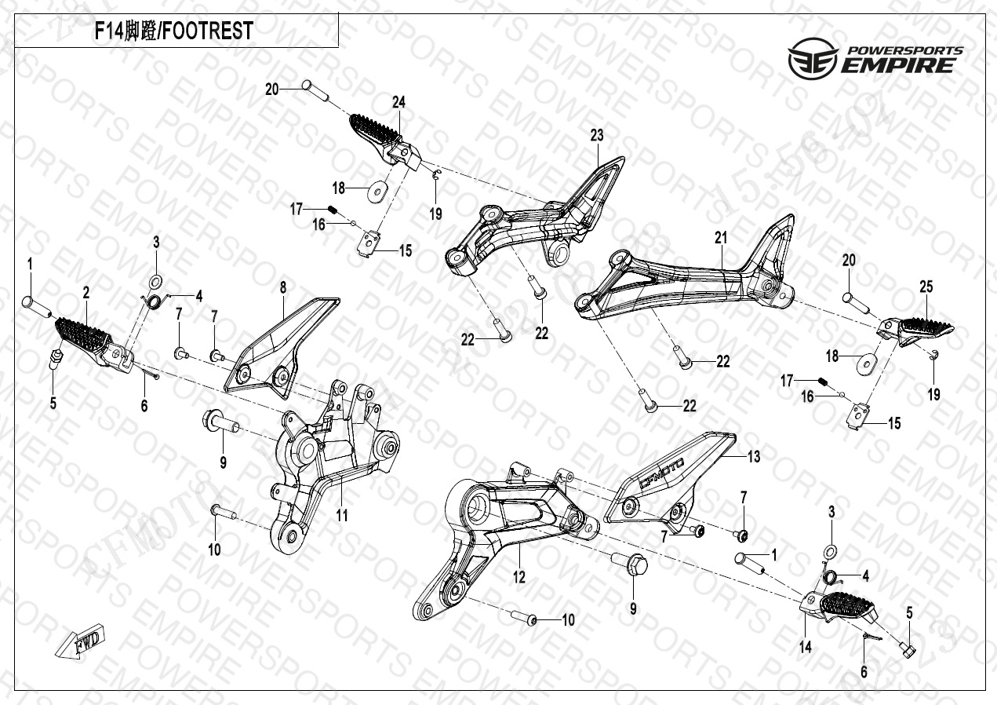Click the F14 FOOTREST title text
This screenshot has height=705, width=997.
coord(173,31)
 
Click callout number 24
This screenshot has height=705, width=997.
coord(399,102)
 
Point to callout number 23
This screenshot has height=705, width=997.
coord(597,135)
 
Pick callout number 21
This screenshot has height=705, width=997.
coord(721,238)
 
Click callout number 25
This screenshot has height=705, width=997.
coord(926,287)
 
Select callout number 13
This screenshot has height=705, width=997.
coord(753,456)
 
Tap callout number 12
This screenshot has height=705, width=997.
coord(519,578)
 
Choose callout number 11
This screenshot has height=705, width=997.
coord(342,515)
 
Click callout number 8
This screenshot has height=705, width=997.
coord(283,288)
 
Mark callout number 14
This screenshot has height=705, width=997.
coord(806,647)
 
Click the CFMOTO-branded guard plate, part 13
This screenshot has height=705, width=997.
coord(667,479)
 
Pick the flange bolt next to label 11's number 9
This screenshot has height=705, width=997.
coord(220,421)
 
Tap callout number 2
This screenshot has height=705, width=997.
coord(86,293)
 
